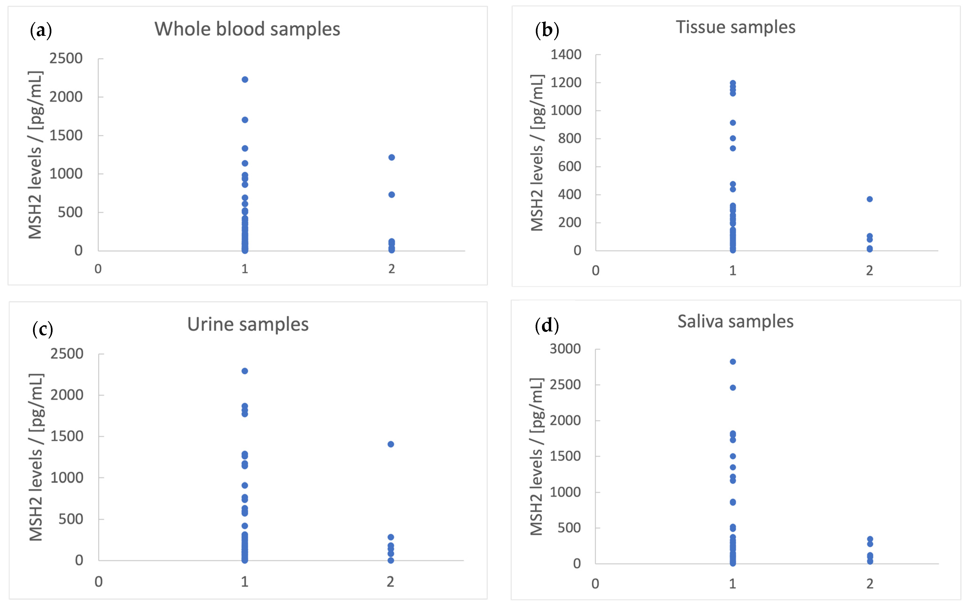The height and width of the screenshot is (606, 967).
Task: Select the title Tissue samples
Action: pyautogui.click(x=735, y=27)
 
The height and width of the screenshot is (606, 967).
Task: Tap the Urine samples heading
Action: pyautogui.click(x=248, y=324)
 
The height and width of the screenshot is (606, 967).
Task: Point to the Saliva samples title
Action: pyautogui.click(x=735, y=322)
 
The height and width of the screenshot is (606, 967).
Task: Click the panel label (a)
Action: pyautogui.click(x=41, y=30)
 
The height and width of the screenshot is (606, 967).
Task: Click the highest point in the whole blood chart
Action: pyautogui.click(x=245, y=80)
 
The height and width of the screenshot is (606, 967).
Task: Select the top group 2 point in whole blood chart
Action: pyautogui.click(x=392, y=157)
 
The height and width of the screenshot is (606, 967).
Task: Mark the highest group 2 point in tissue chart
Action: pyautogui.click(x=870, y=199)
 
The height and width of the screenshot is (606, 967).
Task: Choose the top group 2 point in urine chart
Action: pyautogui.click(x=391, y=444)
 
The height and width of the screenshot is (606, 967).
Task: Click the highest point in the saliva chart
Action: pyautogui.click(x=733, y=362)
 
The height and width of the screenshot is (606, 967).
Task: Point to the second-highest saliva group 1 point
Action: pyautogui.click(x=733, y=388)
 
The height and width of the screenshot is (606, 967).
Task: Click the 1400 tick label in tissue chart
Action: pyautogui.click(x=566, y=54)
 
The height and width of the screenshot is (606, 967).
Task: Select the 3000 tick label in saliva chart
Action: pyautogui.click(x=565, y=349)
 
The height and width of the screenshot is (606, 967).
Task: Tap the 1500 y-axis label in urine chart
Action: pyautogui.click(x=67, y=436)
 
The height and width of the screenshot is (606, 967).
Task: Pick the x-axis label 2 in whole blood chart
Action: pyautogui.click(x=392, y=269)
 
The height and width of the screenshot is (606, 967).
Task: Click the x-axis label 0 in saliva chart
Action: pyautogui.click(x=595, y=584)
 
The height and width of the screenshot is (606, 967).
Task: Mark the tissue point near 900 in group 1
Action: pyautogui.click(x=733, y=123)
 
